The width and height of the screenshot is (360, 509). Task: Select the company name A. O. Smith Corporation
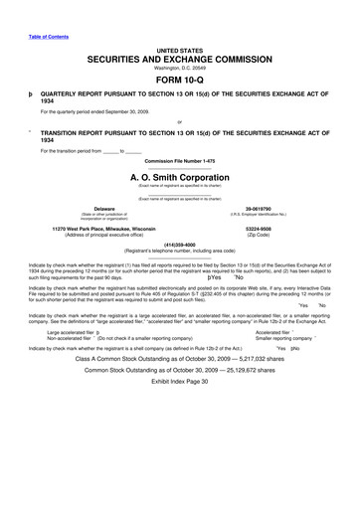(x=180, y=177)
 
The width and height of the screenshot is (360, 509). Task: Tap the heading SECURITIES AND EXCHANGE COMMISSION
(x=180, y=60)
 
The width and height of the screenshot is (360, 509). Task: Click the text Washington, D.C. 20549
(x=180, y=70)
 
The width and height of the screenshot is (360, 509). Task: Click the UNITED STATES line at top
(x=180, y=49)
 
